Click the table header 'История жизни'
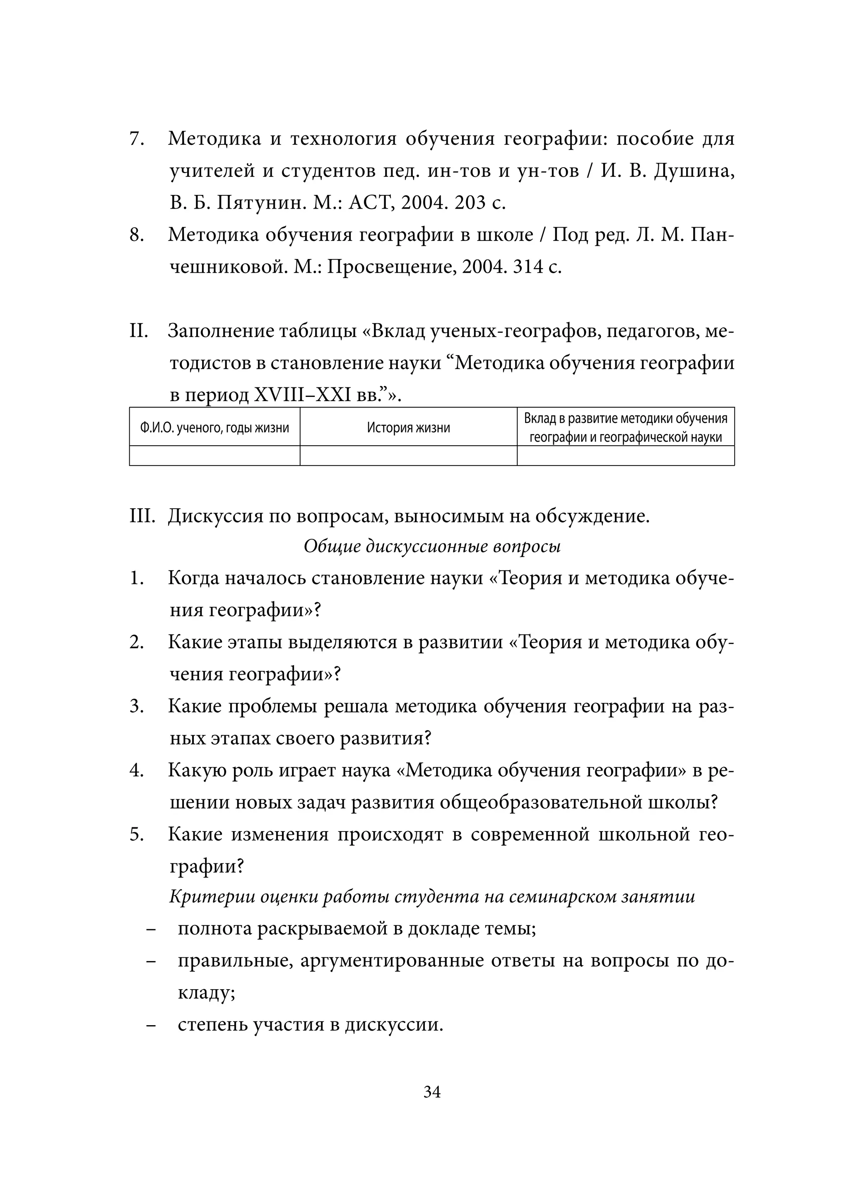[x=408, y=428]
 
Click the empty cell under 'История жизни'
[x=408, y=455]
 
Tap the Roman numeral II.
[x=139, y=331]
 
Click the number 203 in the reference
[x=470, y=203]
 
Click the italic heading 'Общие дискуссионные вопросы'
[x=431, y=546]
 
